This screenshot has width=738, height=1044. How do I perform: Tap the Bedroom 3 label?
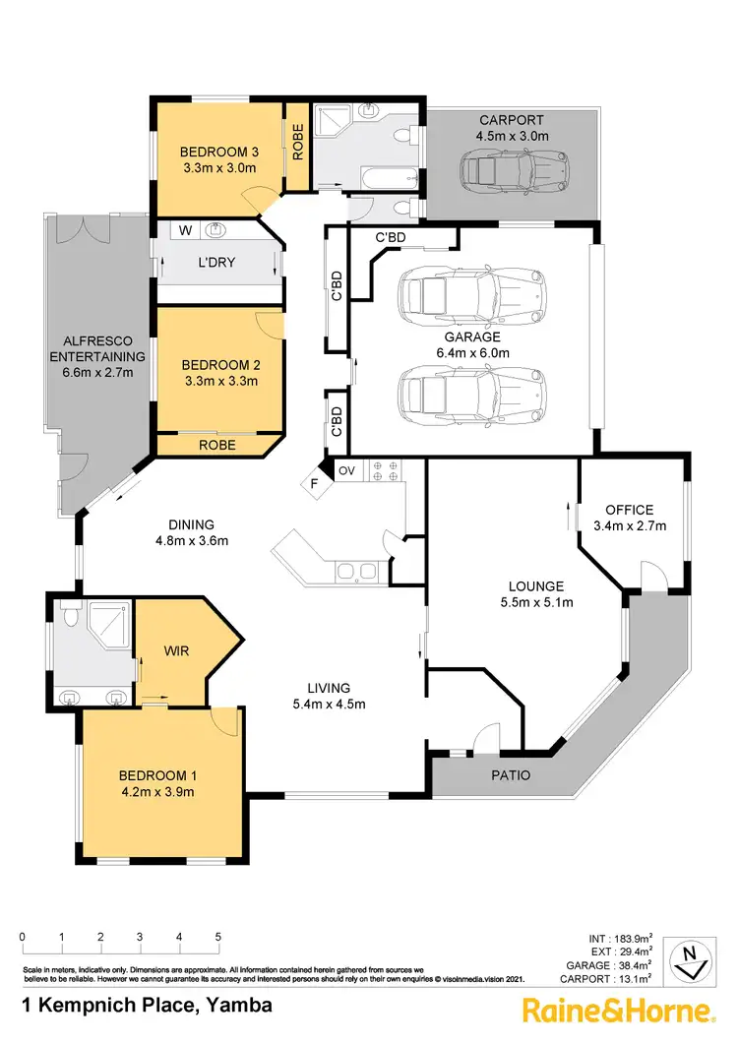point(218,152)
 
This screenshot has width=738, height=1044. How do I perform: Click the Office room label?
point(629,510)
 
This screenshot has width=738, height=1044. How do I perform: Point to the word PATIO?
point(511,775)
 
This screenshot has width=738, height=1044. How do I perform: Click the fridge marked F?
point(315,484)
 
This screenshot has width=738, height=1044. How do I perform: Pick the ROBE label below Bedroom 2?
point(217,445)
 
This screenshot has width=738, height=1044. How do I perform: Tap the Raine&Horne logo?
point(617,1010)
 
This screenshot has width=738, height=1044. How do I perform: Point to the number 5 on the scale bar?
point(217,937)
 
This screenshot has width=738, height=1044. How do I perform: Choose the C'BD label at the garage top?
point(391,237)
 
